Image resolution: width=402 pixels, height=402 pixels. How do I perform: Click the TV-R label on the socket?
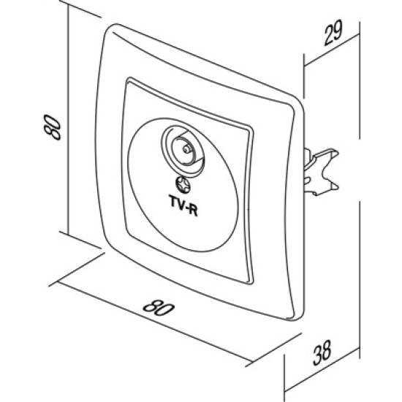(x=183, y=205)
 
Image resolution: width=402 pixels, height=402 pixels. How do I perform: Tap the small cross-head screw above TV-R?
(x=183, y=185)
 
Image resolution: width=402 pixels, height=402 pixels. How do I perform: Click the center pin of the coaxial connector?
(x=186, y=149)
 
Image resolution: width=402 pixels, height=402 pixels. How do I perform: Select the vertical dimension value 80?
(x=53, y=127)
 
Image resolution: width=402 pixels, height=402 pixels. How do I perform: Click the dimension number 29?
(x=333, y=33)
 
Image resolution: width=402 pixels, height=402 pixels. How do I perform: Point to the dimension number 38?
(x=322, y=353)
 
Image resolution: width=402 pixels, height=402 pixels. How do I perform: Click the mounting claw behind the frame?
(x=322, y=172)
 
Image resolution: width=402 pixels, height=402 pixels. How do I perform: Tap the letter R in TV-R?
(x=193, y=211)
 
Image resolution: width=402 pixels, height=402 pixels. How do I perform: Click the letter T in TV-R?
(x=172, y=200)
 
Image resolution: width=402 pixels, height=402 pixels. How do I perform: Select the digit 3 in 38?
(x=318, y=356)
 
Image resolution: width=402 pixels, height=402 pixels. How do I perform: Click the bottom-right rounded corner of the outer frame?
(x=297, y=316)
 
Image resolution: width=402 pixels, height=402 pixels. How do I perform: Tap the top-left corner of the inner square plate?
(x=128, y=80)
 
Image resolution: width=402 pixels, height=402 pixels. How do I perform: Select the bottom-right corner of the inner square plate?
(x=251, y=281)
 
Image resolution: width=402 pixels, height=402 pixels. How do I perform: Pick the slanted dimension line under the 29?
(x=332, y=50)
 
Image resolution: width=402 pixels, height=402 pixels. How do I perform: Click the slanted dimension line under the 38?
(x=322, y=369)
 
